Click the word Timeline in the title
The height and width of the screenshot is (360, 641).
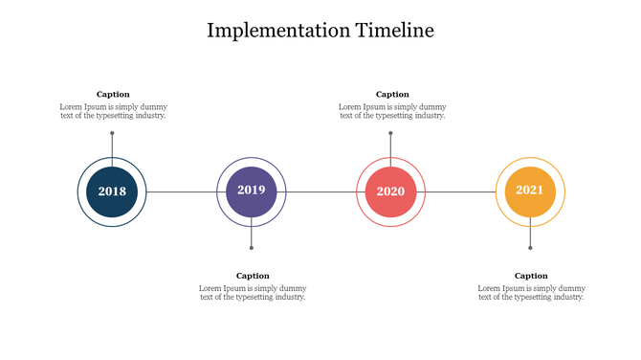click(x=394, y=30)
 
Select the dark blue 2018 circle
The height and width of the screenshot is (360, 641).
click(x=112, y=191)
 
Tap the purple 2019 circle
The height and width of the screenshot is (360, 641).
click(x=252, y=191)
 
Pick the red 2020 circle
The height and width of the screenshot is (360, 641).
click(x=390, y=191)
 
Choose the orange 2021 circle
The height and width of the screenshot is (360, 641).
click(x=530, y=191)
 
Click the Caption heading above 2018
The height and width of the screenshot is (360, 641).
click(x=113, y=94)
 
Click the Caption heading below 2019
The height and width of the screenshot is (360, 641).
click(x=253, y=276)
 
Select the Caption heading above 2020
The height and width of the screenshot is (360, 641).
click(x=392, y=94)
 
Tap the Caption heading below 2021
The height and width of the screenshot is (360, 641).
click(x=531, y=276)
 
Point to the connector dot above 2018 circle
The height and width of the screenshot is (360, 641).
click(x=112, y=133)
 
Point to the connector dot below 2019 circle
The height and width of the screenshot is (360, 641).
click(x=252, y=248)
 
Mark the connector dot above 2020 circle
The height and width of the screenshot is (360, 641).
click(x=390, y=133)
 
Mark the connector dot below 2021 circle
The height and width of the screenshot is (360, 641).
click(x=530, y=248)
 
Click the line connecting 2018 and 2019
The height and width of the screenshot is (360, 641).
click(x=182, y=191)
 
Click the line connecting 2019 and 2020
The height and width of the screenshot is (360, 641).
click(x=320, y=191)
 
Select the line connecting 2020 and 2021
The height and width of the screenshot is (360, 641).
click(x=460, y=191)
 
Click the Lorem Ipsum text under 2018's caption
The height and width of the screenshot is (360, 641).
click(x=113, y=111)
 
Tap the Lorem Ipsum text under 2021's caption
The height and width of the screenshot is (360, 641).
click(x=531, y=292)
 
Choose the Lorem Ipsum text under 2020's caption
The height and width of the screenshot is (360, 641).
click(x=392, y=111)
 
